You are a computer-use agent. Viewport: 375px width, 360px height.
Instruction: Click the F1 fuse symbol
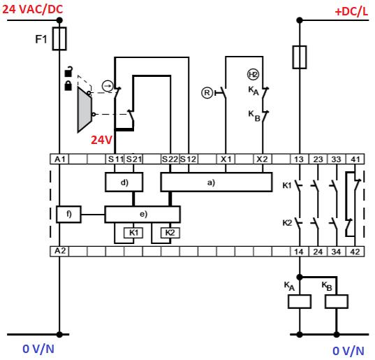59,38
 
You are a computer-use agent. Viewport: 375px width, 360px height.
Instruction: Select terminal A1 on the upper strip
59,159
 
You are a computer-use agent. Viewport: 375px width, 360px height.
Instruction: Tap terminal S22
170,159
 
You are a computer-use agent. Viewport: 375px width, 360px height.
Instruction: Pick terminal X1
226,159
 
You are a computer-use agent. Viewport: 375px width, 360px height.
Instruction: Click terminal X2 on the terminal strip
263,159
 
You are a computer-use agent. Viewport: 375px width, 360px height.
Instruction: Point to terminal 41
355,159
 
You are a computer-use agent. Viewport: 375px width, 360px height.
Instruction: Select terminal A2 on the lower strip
59,252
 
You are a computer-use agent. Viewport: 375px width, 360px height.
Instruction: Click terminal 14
299,252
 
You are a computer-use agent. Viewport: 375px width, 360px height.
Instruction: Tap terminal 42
355,252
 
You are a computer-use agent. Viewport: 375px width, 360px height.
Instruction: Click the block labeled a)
216,182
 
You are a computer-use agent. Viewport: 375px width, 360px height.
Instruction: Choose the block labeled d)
124,182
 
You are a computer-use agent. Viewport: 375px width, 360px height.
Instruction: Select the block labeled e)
142,214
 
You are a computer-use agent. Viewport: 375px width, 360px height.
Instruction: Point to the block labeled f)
68,214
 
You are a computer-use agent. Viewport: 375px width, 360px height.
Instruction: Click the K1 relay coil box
133,233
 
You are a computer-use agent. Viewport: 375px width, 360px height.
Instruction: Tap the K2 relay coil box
170,233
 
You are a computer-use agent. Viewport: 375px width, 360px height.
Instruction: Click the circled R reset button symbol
207,93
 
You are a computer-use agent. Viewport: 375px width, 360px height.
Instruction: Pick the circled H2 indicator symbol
253,75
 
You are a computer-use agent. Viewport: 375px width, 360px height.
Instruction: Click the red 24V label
101,140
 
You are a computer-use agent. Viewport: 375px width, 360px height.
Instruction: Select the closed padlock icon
68,86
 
